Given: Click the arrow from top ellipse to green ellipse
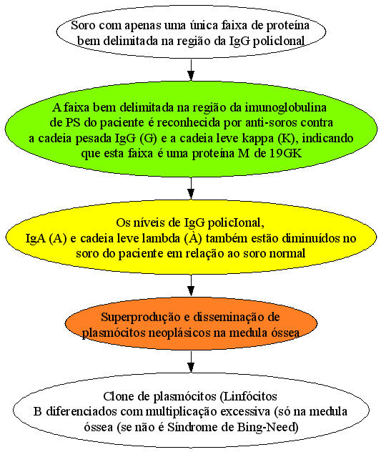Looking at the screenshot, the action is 191,70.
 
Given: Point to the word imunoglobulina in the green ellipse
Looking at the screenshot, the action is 286,108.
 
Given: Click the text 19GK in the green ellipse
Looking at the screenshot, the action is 286,153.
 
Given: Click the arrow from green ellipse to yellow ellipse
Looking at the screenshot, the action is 191,188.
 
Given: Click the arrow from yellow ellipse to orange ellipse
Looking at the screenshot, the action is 191,285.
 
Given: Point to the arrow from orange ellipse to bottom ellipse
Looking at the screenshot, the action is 191,362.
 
